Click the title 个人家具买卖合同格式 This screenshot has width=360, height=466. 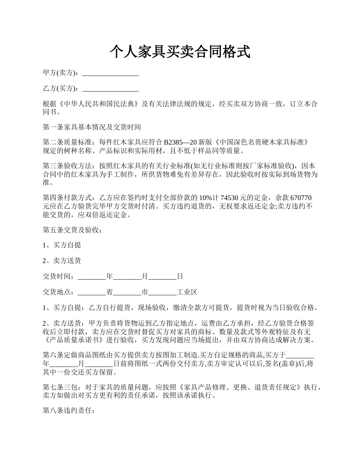coord(180,52)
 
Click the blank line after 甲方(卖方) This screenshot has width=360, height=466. coord(110,73)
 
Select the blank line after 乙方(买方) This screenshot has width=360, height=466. coord(110,89)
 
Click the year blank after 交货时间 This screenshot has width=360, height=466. coord(92,277)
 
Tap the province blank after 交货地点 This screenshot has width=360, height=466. coord(92,292)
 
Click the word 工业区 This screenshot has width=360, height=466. coord(187,292)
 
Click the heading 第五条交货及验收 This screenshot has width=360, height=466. coord(72,230)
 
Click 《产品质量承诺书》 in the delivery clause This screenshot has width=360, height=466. coord(73,340)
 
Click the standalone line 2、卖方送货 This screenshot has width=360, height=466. coord(62,261)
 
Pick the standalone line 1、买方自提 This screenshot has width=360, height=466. coord(62,245)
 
